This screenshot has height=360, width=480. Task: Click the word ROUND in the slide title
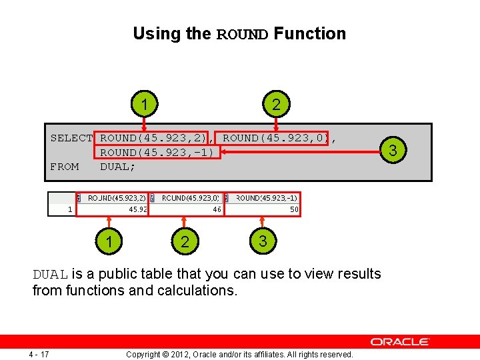click(x=243, y=34)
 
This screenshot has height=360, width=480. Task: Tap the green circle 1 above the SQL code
click(x=145, y=104)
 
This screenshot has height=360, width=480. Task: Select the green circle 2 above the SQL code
click(x=276, y=104)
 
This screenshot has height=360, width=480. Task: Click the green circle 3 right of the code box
click(x=393, y=151)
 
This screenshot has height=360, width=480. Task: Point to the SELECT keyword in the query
click(x=71, y=138)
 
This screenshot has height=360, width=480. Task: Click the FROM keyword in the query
click(x=65, y=167)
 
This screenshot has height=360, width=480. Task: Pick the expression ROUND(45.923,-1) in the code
click(x=157, y=152)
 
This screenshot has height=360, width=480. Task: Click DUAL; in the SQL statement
click(x=118, y=167)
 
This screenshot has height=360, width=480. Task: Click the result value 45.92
click(x=138, y=210)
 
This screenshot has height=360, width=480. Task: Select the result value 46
click(x=217, y=210)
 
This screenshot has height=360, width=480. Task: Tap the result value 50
click(x=293, y=210)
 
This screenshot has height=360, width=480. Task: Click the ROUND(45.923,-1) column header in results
click(x=266, y=198)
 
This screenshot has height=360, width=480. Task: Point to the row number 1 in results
click(x=70, y=210)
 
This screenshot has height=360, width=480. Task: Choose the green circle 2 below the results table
click(x=185, y=241)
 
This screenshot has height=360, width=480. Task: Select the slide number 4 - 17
click(x=39, y=353)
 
